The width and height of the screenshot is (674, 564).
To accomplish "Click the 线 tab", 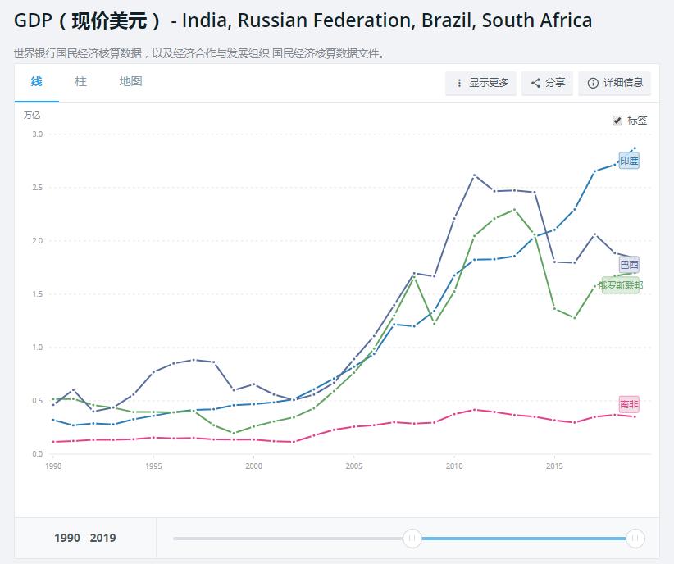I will pos(36,81).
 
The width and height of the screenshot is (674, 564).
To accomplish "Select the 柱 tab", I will pos(80,81).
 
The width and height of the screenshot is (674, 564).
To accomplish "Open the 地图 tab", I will pos(130,81).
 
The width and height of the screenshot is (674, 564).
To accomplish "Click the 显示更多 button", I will pos(481,83).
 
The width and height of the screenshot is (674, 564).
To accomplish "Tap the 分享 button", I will pos(548,83).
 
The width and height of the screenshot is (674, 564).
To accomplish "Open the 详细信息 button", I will pos(615,83).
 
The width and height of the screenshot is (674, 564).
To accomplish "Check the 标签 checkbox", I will pos(617,121).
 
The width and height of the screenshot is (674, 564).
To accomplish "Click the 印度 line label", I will pos(629,161).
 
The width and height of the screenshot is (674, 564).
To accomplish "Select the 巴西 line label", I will pos(629,265).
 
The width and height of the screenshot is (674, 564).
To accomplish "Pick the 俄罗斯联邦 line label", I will pos(621,285).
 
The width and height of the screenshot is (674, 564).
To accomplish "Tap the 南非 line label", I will pos(629,405).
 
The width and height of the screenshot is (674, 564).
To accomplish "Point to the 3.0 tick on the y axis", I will pos(37,134).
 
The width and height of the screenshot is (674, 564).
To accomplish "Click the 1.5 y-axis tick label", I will pos(37,293).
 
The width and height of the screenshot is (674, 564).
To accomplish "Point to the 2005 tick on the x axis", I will pos(353,466).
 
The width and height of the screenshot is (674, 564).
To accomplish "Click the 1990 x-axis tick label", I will pos(53,466).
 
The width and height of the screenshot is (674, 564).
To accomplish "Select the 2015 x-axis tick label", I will pos(554,466).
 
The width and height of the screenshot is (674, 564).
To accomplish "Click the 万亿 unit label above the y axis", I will pos(32,115).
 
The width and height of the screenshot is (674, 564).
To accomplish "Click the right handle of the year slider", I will pos(635,538).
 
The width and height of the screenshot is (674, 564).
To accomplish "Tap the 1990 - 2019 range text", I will pos(85,538).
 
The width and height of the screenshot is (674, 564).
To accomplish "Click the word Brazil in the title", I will pos(446,20).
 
